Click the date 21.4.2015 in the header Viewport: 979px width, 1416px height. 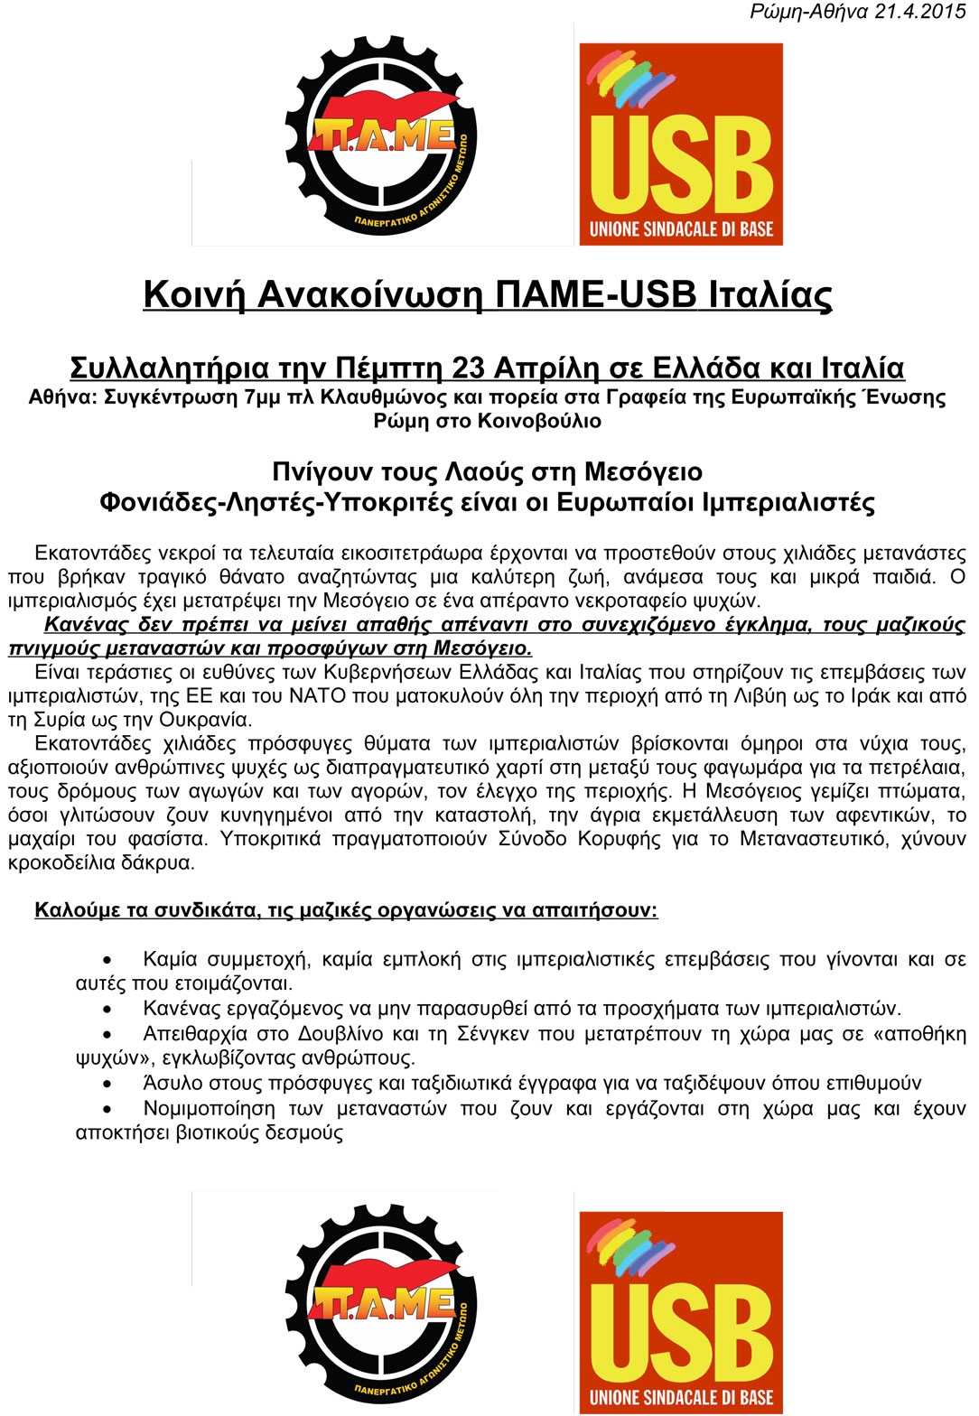click(920, 12)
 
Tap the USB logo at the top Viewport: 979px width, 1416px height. click(681, 144)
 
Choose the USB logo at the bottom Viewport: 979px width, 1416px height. click(681, 1312)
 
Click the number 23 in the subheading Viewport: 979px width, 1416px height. click(468, 368)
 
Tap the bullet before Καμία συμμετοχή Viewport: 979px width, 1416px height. click(107, 960)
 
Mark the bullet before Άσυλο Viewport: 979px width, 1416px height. click(107, 1084)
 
